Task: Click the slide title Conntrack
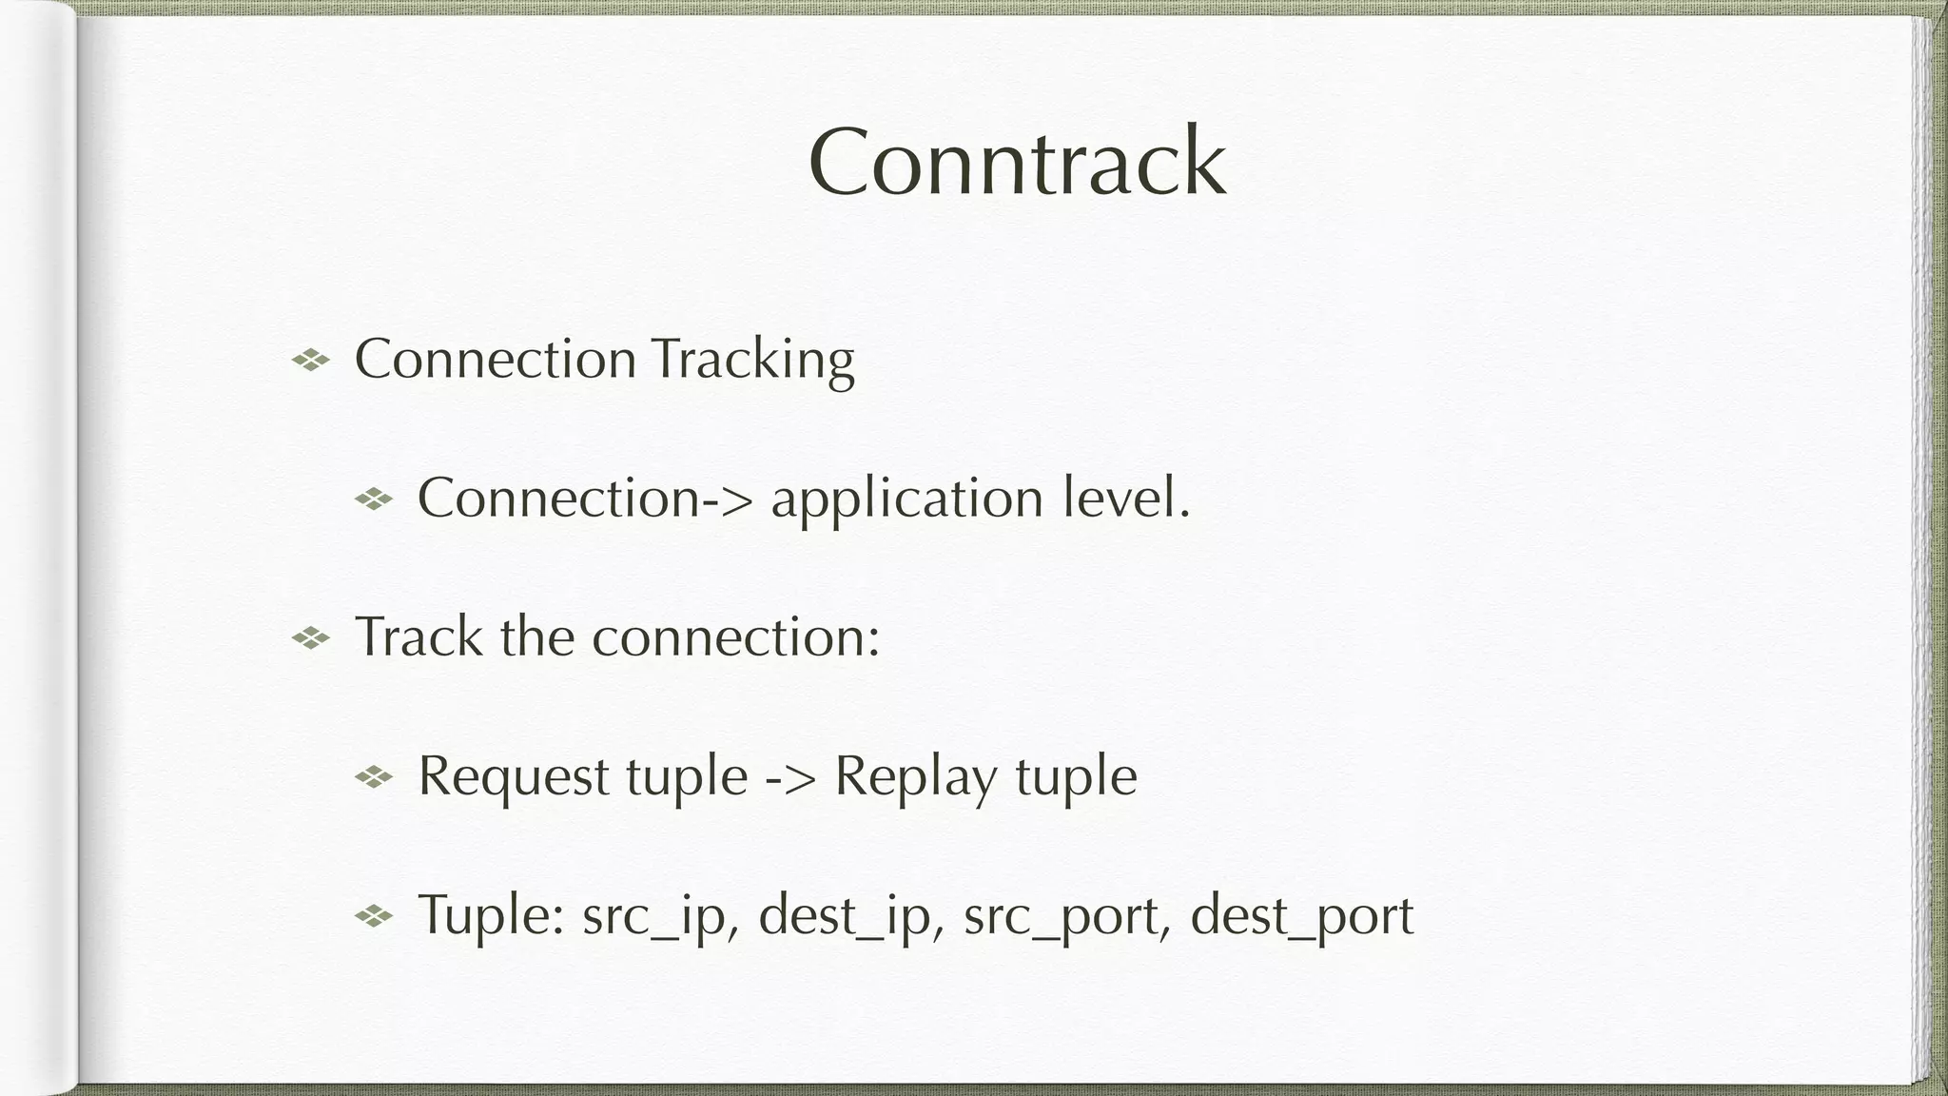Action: point(1017,163)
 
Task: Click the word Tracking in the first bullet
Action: point(753,361)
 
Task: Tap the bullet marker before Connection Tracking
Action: point(310,360)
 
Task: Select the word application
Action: point(906,499)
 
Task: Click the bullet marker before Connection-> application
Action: point(374,499)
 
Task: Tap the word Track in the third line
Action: point(419,636)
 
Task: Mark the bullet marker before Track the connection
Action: point(310,637)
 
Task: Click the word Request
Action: point(514,777)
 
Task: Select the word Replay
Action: point(916,777)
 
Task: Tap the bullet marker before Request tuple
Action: point(374,777)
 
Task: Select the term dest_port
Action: point(1301,916)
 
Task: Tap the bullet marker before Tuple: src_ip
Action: point(374,916)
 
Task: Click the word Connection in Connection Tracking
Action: point(495,361)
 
